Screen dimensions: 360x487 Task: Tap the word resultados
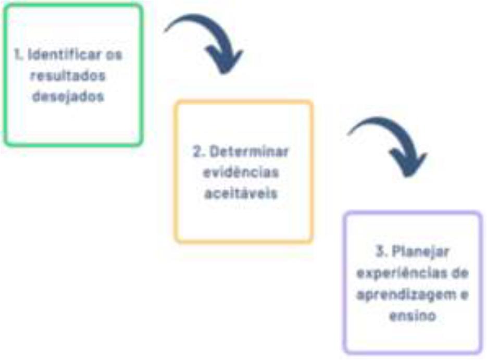click(68, 76)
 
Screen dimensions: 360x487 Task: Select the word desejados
click(68, 97)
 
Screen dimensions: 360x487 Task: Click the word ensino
click(413, 315)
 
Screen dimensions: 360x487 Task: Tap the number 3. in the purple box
click(380, 252)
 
